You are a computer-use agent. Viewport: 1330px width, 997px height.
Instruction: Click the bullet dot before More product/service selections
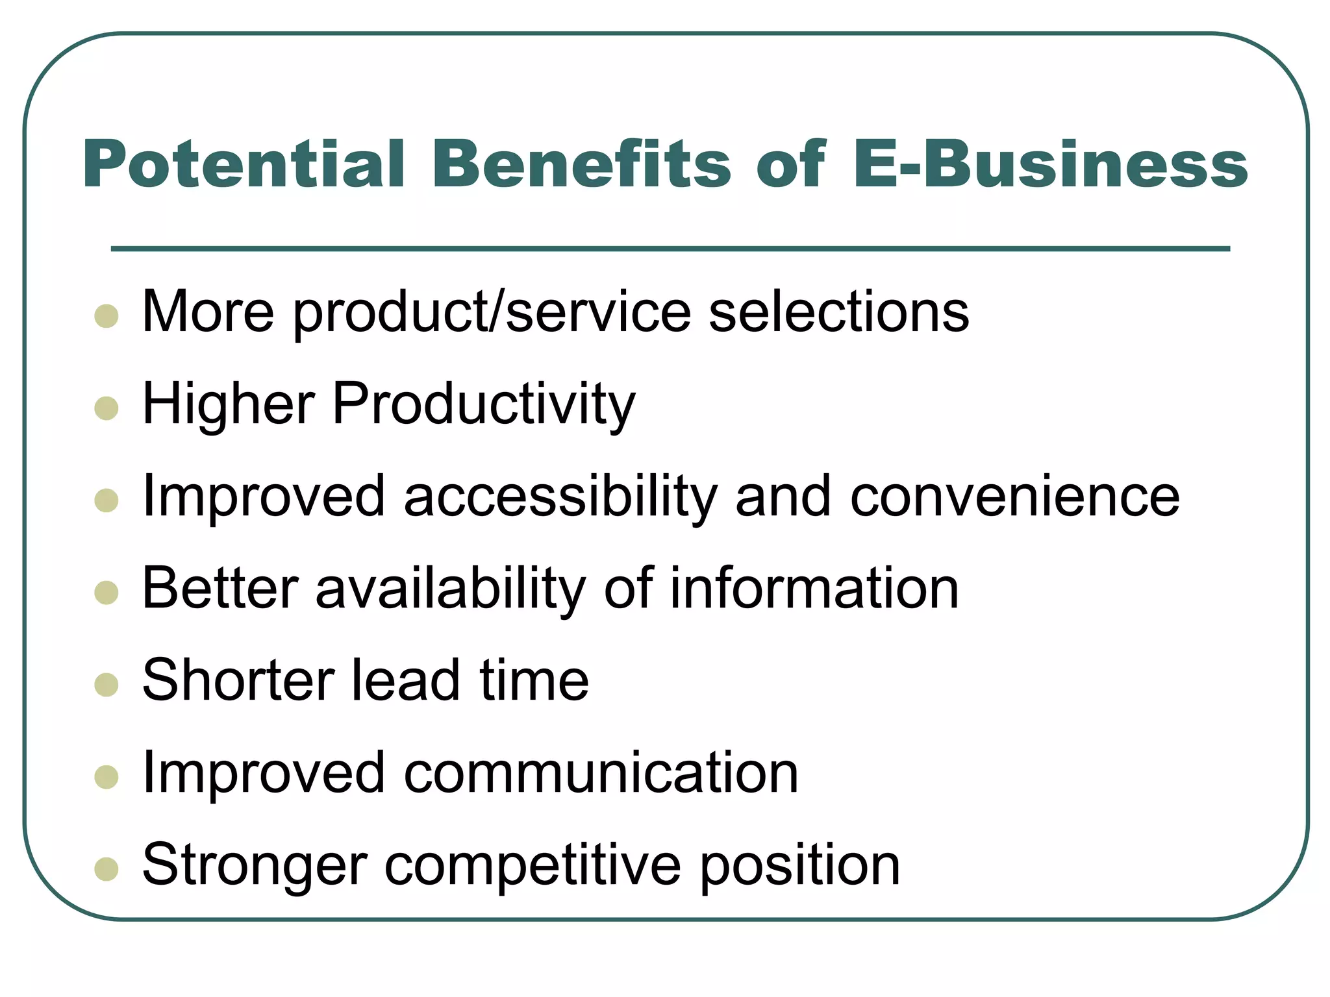pyautogui.click(x=107, y=316)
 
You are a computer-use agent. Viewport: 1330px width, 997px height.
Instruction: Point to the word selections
pyautogui.click(x=839, y=312)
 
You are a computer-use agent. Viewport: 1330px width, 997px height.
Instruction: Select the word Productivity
pyautogui.click(x=484, y=404)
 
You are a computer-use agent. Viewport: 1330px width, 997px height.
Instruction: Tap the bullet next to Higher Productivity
pyautogui.click(x=107, y=408)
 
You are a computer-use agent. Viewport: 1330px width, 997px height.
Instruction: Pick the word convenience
pyautogui.click(x=1015, y=497)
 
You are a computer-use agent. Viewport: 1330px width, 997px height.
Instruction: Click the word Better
pyautogui.click(x=220, y=588)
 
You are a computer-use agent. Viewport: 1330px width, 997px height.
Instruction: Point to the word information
pyautogui.click(x=814, y=588)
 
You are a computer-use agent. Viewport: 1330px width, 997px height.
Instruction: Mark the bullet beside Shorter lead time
pyautogui.click(x=107, y=685)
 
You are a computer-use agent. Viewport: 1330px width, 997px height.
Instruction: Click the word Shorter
pyautogui.click(x=237, y=680)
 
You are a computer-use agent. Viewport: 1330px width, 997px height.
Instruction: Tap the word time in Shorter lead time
pyautogui.click(x=534, y=680)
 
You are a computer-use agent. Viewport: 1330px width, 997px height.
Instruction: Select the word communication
pyautogui.click(x=601, y=772)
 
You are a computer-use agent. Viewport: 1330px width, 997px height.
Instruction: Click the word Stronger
pyautogui.click(x=255, y=865)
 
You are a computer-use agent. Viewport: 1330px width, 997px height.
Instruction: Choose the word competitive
pyautogui.click(x=533, y=865)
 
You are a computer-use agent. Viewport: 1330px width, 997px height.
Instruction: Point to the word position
pyautogui.click(x=800, y=865)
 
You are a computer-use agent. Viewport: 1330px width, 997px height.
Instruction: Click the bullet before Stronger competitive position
pyautogui.click(x=107, y=869)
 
